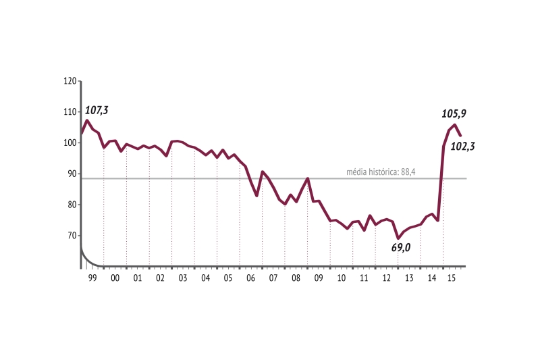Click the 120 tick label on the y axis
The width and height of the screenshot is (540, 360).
pos(69,81)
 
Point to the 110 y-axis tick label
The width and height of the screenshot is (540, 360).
pos(69,112)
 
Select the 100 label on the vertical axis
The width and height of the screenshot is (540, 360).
pos(69,143)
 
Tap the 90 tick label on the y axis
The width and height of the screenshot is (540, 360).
pos(70,174)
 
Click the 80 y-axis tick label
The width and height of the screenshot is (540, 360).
pos(70,205)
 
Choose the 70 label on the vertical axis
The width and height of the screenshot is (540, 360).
pos(70,236)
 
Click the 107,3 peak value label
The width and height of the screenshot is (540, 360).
pos(97,110)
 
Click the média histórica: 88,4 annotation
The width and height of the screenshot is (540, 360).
pos(380,172)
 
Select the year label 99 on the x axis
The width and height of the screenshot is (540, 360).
pos(92,278)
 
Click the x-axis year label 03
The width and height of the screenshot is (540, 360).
pos(183,278)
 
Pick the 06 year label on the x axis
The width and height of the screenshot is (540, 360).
pos(251,278)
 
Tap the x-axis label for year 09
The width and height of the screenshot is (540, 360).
pos(319,278)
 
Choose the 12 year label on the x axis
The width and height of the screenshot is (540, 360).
pos(387,278)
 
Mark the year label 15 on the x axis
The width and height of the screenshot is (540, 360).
pos(454,278)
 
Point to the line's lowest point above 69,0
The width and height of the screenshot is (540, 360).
pos(398,238)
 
